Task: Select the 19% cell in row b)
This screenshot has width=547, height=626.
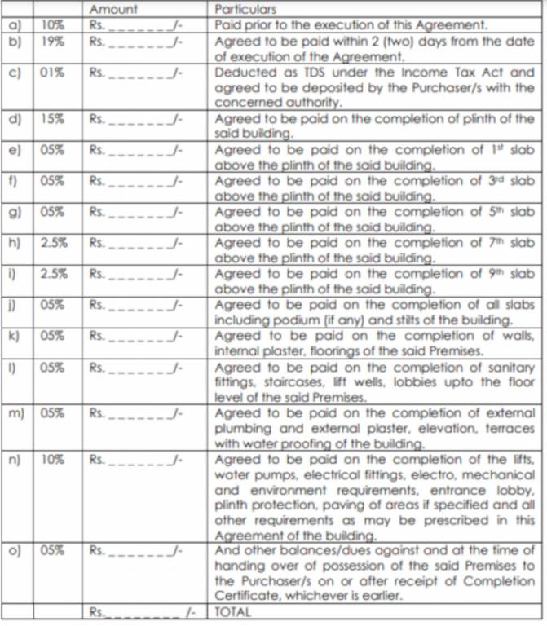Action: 51,38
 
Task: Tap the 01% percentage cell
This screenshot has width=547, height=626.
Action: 51,72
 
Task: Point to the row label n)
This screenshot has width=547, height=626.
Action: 14,459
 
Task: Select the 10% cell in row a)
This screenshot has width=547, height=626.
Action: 52,24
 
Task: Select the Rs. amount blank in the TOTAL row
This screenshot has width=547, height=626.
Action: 139,611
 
